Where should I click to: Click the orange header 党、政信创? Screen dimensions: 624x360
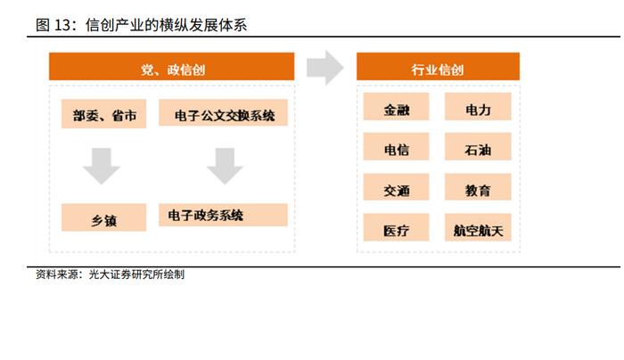point(171,67)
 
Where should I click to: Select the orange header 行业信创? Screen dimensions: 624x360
point(438,67)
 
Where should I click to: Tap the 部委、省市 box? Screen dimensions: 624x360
point(104,114)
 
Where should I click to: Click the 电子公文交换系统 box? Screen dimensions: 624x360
point(223,112)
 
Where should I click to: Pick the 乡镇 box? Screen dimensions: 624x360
point(104,217)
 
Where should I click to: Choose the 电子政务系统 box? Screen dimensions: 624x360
point(223,215)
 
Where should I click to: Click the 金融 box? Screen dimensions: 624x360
point(397,107)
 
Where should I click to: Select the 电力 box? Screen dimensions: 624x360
point(478,107)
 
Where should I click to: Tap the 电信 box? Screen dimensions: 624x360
point(397,147)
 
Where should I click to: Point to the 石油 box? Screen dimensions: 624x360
point(478,147)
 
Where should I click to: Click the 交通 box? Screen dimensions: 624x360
point(397,187)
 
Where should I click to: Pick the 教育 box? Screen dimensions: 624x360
point(478,187)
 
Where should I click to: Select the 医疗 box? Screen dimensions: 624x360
point(397,227)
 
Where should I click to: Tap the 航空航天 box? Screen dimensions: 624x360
point(478,227)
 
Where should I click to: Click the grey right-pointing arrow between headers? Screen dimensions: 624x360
point(325,68)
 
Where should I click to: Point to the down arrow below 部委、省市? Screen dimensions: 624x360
point(102,167)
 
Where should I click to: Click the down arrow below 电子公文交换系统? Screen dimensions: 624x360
point(225,167)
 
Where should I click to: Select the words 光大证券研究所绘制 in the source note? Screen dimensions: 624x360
point(136,274)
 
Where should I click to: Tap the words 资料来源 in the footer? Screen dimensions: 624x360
point(57,274)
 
